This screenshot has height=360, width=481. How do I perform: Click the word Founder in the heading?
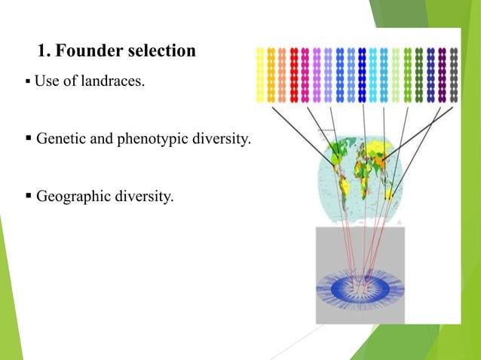coord(87,51)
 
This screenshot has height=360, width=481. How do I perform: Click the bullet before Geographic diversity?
coord(29,198)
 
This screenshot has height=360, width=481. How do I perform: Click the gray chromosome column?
coord(453,75)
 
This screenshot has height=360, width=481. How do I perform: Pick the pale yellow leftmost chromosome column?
coord(260,75)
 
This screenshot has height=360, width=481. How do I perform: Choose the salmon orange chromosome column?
coord(283,75)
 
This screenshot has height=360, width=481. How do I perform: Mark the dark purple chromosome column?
coord(442,75)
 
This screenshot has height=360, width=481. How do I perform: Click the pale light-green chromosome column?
coord(397,75)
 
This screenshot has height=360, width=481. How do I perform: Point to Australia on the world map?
coord(390,194)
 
